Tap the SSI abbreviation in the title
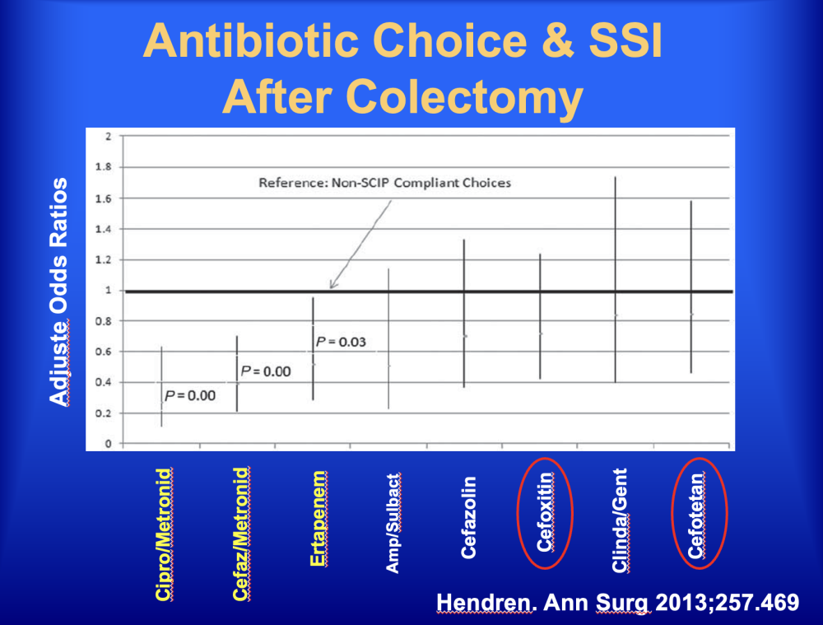click(625, 41)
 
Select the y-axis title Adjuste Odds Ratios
click(58, 292)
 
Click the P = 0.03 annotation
click(341, 342)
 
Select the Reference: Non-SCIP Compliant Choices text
click(384, 183)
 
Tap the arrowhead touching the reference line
click(332, 285)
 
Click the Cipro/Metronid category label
click(164, 534)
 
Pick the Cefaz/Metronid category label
click(240, 534)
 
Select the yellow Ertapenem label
click(318, 519)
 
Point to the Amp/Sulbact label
click(393, 523)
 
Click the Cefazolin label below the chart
click(468, 517)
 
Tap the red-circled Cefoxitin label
click(545, 513)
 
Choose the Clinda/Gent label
click(620, 520)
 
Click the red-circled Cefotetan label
click(696, 515)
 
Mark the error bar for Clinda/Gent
click(615, 280)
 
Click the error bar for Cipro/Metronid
click(161, 386)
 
